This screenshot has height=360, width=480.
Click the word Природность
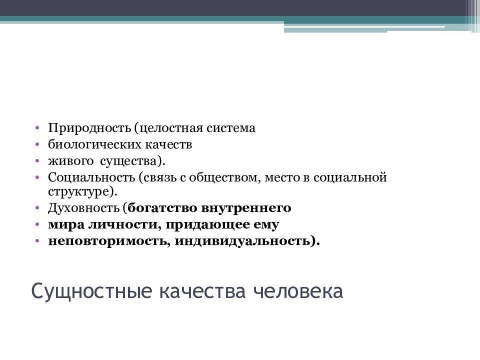pos(89,128)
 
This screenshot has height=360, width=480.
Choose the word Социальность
pos(92,177)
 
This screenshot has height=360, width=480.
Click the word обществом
pos(230,177)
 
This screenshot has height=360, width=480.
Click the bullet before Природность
pos(37,128)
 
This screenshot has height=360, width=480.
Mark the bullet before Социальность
pos(37,178)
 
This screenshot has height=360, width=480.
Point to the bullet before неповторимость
pos(37,241)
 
